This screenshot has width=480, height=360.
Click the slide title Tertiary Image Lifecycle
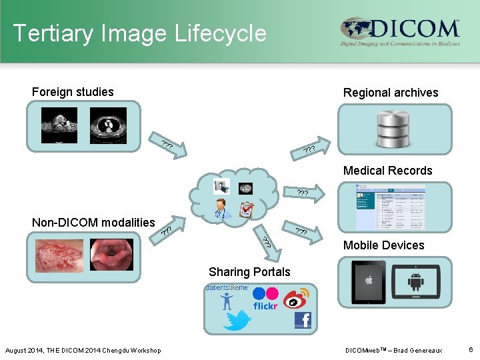coord(139,33)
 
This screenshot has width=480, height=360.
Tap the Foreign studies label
coord(73,92)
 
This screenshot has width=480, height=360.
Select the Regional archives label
coord(391,93)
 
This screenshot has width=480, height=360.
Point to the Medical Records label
coord(387,171)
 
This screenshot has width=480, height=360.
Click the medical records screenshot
coord(392,207)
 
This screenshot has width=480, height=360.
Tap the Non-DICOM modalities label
coord(93,223)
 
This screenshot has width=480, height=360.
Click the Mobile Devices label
coord(383,245)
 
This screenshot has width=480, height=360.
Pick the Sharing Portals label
coord(249,272)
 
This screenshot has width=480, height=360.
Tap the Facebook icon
coord(303,320)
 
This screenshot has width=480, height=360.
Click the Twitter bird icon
coord(237,321)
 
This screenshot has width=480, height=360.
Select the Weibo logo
coord(298,297)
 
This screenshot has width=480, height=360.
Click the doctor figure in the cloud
coord(223,208)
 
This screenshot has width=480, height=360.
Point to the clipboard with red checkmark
coord(246,211)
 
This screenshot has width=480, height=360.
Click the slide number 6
coord(471,350)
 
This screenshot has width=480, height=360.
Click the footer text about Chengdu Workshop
coord(83,351)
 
